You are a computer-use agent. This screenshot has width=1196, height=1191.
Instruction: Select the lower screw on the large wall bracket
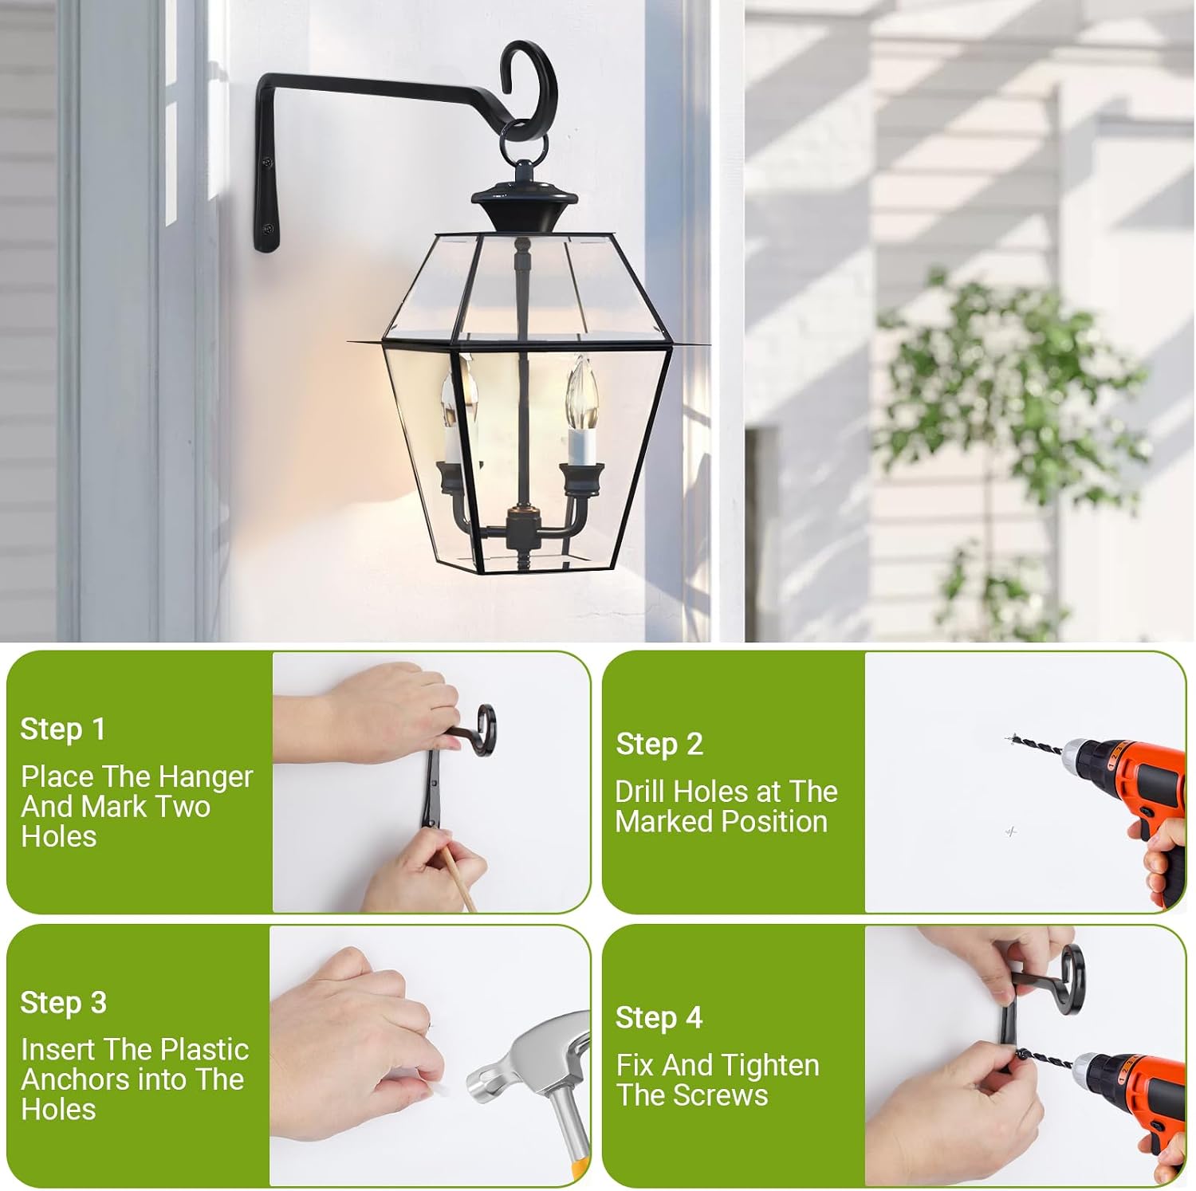coord(269,228)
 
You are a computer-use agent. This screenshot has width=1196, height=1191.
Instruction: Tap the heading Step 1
coord(62,729)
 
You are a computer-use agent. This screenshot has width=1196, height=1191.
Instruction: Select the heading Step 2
coord(659,745)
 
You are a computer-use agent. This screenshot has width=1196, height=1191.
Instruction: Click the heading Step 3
coord(63,1003)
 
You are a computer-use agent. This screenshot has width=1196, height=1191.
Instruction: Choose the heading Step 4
coord(659,1018)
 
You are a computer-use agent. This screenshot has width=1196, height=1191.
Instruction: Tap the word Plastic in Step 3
coord(204,1050)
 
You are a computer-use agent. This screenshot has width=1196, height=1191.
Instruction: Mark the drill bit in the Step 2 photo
coord(1035,745)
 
